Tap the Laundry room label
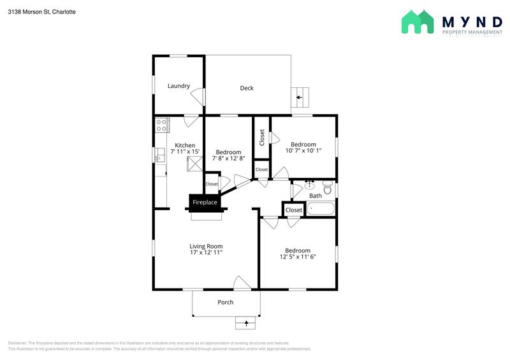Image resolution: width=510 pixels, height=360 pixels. point(178,86)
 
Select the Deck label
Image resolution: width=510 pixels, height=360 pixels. point(247,88)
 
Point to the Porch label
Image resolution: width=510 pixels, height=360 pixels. point(226,302)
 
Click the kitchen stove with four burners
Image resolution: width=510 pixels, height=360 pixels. point(162,125)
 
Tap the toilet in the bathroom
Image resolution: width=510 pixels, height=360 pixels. point(328,187)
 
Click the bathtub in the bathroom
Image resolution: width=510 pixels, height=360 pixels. point(321,208)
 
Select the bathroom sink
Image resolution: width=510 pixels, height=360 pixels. point(309,185)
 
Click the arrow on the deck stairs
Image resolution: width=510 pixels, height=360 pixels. point(299,97)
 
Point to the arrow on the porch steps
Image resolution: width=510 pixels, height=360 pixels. point(246,323)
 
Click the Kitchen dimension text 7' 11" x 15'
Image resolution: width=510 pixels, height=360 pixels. point(185,151)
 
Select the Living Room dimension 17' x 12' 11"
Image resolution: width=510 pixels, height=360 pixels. point(206,252)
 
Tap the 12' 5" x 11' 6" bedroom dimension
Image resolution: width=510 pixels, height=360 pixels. point(298,257)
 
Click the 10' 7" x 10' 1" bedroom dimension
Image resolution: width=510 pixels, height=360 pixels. point(303,150)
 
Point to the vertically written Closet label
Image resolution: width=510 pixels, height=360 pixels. point(262,138)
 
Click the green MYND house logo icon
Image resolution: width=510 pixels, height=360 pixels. point(418,22)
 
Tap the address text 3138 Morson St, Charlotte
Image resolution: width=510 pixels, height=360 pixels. point(42,11)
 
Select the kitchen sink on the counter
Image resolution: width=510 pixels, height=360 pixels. point(160,155)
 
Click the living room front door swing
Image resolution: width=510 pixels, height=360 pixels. point(242,282)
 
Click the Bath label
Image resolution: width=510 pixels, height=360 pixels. point(315,196)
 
